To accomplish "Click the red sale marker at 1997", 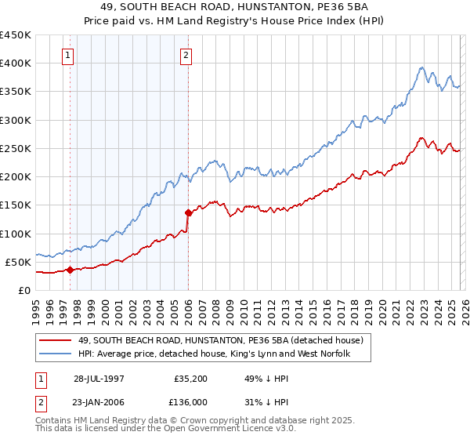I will (70, 270).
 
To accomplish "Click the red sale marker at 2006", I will (188, 212).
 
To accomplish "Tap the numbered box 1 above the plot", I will (69, 55).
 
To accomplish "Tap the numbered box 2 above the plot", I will (186, 55).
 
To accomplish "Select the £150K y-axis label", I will (16, 205).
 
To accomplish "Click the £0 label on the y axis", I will (23, 290).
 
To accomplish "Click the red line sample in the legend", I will (56, 341).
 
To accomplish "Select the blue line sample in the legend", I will (56, 355).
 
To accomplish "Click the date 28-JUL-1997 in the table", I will (100, 379).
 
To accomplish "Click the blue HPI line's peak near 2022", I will (421, 67).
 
